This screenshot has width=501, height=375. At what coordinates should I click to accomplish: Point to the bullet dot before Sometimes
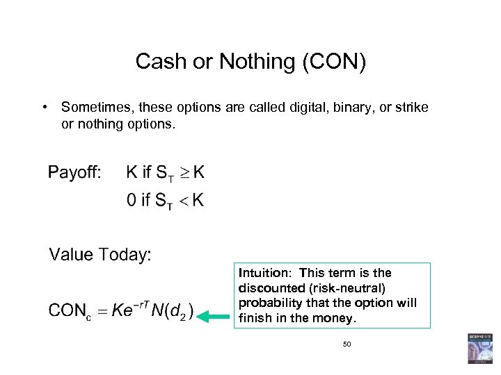pos(43,108)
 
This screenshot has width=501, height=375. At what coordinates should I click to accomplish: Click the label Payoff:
pos(74,172)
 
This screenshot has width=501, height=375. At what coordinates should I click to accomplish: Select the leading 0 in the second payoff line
pos(132,201)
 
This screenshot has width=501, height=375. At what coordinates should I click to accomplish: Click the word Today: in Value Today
pos(125,254)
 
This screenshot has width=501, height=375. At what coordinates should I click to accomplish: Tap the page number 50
pos(347,344)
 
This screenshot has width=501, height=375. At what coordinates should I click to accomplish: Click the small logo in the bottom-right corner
pos(479,348)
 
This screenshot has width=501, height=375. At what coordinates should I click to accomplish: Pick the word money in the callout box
pos(339,319)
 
